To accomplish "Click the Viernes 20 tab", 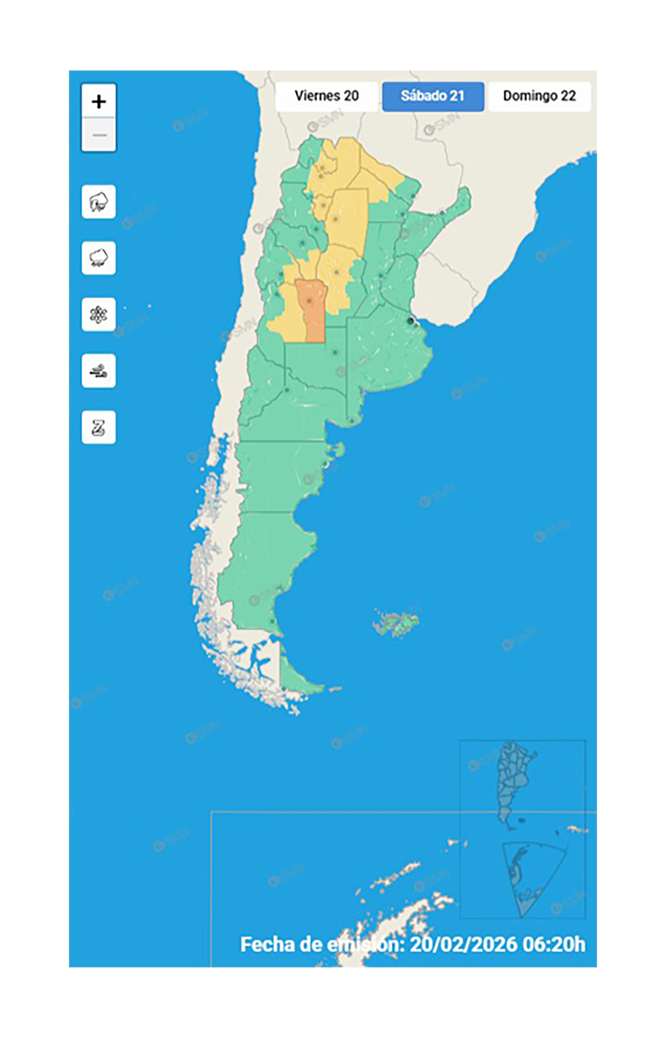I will tap(326, 96).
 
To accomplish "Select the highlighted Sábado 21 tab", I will tap(433, 96).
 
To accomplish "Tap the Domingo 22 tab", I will tap(539, 96).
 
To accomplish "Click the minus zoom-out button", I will tap(99, 135).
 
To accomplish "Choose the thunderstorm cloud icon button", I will tap(99, 202).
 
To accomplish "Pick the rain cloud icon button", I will tap(99, 258).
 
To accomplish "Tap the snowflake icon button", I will tap(99, 314).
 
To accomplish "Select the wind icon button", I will tap(99, 371).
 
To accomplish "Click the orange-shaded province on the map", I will tap(312, 316).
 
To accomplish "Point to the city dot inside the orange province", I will tap(309, 301).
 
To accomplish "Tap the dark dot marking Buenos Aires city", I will tap(410, 321).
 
